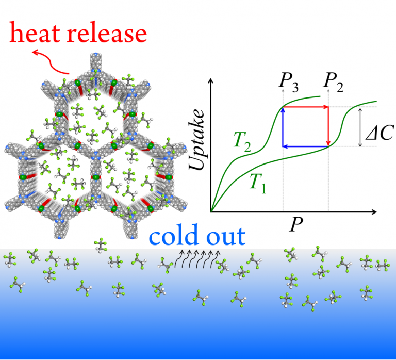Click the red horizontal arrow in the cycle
point(306,107)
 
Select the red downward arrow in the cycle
point(328,127)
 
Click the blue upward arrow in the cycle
point(283,127)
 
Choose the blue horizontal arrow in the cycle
point(306,146)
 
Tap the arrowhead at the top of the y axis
point(210,83)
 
